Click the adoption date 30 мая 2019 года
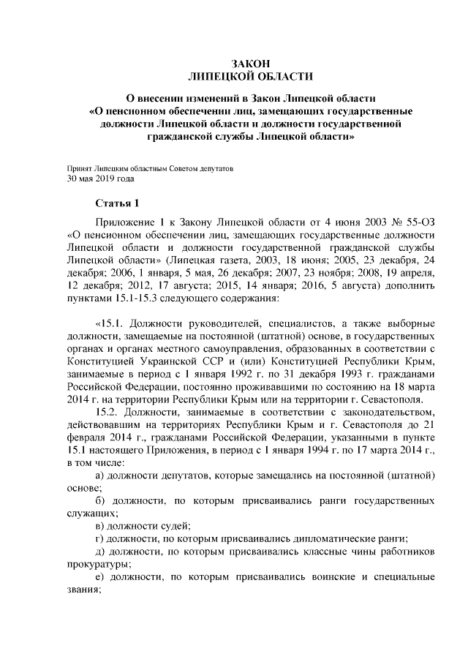(x=99, y=178)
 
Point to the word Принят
(x=80, y=168)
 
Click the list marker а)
(x=102, y=476)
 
